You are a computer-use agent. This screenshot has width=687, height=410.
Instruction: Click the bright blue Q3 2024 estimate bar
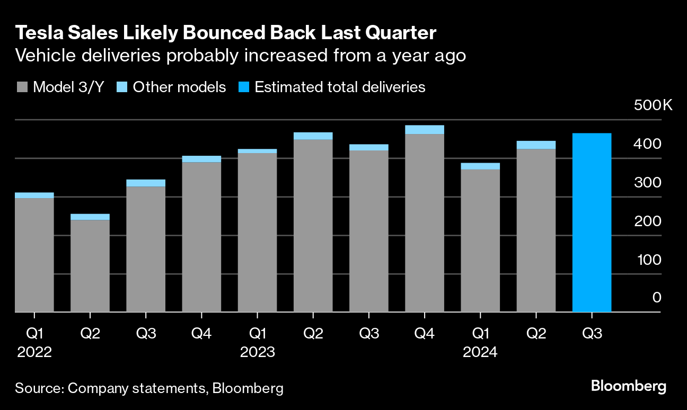[x=592, y=222]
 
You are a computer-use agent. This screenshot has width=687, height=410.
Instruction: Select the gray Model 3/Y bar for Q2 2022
[x=90, y=265]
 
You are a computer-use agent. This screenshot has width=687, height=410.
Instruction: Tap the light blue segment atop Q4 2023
[x=425, y=130]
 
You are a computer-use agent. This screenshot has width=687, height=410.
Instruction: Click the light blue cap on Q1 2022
[x=34, y=195]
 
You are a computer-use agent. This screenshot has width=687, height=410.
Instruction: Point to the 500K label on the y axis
[x=653, y=105]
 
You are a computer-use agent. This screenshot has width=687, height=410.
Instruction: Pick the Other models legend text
[x=179, y=87]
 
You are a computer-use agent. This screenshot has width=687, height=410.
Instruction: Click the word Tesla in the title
[x=36, y=33]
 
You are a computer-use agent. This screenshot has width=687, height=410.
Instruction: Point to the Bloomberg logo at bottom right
[x=629, y=386]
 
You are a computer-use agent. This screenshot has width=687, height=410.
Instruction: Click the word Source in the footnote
[x=38, y=388]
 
